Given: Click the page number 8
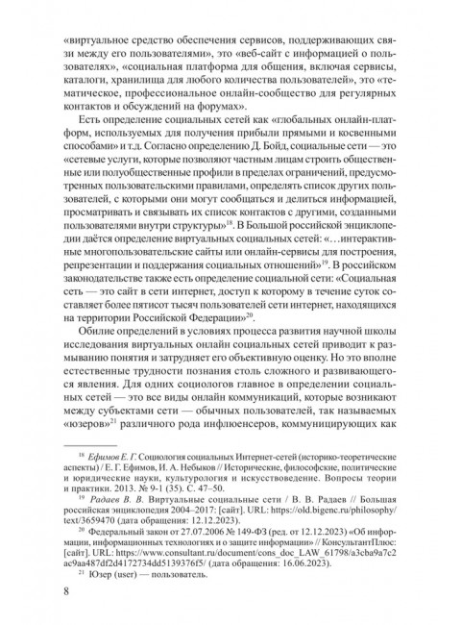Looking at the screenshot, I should tap(64, 589).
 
